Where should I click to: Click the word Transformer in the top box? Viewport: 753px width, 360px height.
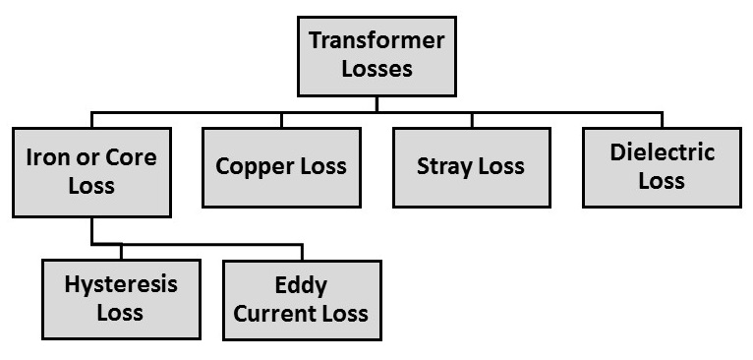pos(376,41)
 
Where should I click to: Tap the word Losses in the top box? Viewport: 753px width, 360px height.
pos(376,69)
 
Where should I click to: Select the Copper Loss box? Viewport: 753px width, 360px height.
pos(281,165)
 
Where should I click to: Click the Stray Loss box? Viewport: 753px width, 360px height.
pos(471,165)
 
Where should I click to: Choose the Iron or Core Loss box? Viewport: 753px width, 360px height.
pos(91,168)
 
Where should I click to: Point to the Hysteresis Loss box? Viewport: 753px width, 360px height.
pos(120,299)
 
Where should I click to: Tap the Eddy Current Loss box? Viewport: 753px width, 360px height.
pos(303,299)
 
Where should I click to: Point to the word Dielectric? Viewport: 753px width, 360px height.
pos(662,152)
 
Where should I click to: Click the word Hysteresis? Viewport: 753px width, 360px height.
pos(120,286)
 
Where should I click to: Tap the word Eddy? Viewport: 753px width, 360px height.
pos(303,286)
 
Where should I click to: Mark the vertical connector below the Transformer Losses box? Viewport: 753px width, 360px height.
pos(376,102)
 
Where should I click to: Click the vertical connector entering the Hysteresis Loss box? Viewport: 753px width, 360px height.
pos(120,252)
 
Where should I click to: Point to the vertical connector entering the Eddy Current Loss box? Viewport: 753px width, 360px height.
pos(303,252)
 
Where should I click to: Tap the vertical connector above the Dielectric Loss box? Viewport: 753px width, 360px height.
pos(662,120)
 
